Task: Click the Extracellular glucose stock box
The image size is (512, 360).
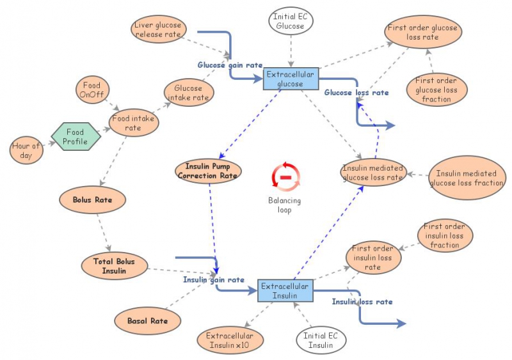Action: click(291, 79)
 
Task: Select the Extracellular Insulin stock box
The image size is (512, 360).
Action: click(285, 290)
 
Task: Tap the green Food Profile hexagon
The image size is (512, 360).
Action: click(76, 136)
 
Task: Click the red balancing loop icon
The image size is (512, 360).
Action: click(285, 176)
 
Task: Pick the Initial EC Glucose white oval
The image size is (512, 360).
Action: click(291, 21)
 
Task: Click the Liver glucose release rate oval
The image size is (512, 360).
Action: click(158, 30)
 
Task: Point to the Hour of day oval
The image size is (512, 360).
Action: click(26, 150)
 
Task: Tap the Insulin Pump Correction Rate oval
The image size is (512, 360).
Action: click(208, 170)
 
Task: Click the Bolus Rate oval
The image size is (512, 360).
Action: click(92, 200)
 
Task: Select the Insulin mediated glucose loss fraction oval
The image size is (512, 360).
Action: click(467, 178)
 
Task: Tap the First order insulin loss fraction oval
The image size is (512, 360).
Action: click(445, 236)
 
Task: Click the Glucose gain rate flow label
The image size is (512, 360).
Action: click(230, 65)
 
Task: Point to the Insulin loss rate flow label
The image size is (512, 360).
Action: click(362, 301)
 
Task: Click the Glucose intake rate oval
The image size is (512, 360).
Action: click(188, 93)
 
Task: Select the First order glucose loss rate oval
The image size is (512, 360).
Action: click(422, 32)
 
